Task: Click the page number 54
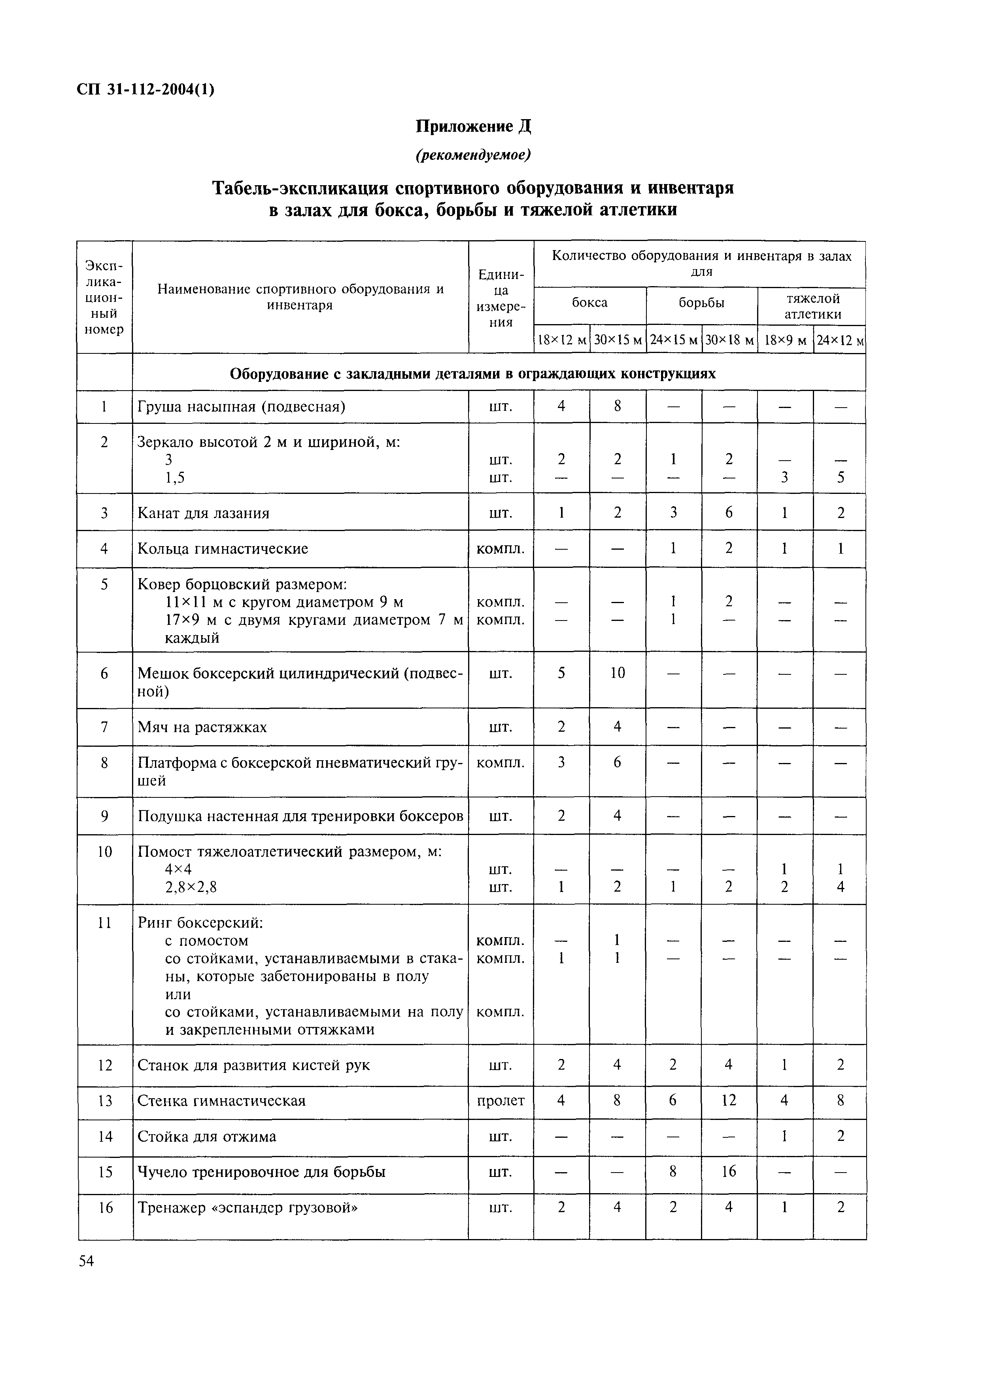point(87,1261)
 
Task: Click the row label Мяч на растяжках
point(202,727)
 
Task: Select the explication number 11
point(105,923)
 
